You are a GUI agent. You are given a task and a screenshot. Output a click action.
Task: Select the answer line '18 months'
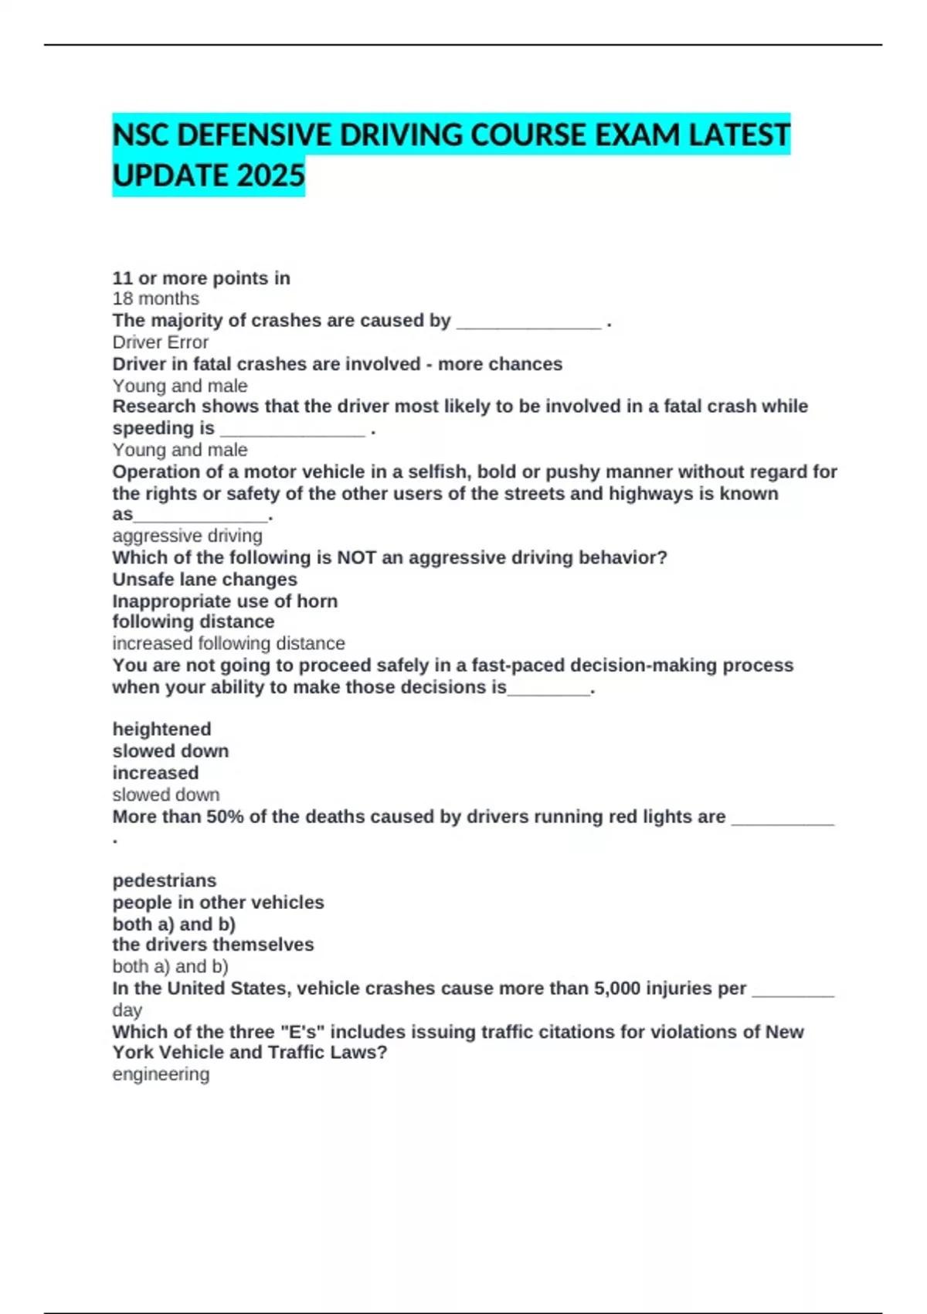click(155, 299)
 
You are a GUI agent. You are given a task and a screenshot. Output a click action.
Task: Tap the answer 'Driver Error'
click(160, 342)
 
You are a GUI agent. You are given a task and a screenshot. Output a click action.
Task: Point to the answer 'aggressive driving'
click(187, 536)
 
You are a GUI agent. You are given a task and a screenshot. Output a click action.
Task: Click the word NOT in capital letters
click(356, 557)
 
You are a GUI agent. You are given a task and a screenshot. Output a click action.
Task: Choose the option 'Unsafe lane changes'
click(205, 580)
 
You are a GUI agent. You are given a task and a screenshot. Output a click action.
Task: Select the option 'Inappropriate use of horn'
click(225, 601)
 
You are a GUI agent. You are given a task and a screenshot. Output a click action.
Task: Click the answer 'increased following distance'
click(229, 643)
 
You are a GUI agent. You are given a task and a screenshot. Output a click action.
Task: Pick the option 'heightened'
click(161, 729)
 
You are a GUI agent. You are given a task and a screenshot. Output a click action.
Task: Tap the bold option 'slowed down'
click(170, 751)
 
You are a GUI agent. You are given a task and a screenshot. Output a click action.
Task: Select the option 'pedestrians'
click(165, 880)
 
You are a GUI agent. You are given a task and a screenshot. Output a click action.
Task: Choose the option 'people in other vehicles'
click(218, 902)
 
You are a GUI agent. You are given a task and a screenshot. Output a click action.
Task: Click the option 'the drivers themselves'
click(213, 945)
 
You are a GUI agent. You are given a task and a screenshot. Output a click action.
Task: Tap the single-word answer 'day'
click(127, 1010)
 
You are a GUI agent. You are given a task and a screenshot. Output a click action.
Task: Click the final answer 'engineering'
click(161, 1074)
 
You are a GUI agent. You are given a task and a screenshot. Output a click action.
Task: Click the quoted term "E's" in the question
click(303, 1032)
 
